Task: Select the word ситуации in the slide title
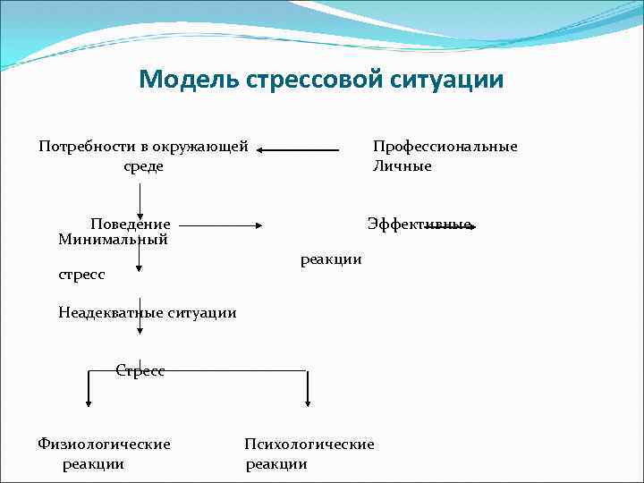[446, 80]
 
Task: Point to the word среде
[143, 166]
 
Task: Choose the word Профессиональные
[445, 147]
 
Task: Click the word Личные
[402, 166]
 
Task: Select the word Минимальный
[113, 239]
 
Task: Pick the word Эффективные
[419, 224]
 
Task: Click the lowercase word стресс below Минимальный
[81, 275]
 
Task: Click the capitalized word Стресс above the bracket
[140, 370]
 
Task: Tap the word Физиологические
[104, 444]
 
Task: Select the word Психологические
[309, 444]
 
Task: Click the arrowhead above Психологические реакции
[308, 401]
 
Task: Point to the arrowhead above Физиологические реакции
[89, 401]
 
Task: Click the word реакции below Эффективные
[331, 259]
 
